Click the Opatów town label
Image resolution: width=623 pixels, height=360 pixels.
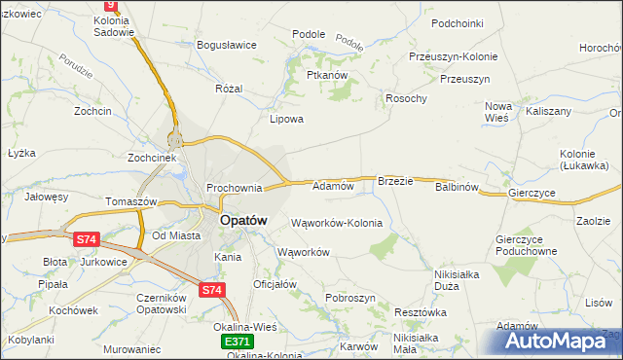coord(243,221)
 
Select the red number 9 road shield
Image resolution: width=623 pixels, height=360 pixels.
coord(109,5)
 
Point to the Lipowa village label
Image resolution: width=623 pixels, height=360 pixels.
coord(287,120)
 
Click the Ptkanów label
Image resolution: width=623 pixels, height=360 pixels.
coord(327,75)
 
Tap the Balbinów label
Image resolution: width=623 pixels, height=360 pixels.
coord(458,187)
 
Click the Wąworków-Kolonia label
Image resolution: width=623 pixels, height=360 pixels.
coord(337,223)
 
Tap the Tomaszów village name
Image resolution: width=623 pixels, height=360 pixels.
coord(131,201)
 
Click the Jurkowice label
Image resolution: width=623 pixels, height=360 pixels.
coord(104,263)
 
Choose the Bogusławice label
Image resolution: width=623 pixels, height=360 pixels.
coord(226,45)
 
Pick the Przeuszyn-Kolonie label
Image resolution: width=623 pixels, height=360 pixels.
coord(454,56)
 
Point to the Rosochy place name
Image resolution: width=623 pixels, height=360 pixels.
coord(407,98)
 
